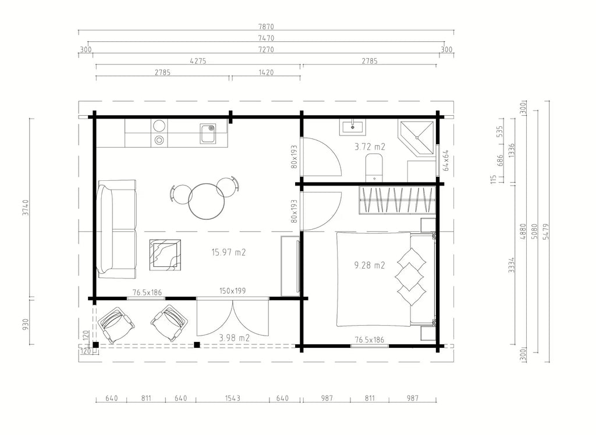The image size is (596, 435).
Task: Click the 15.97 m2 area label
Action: coord(228,252)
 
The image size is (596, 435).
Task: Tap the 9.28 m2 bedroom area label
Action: coord(370,265)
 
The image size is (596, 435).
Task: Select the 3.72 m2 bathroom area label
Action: coord(370,147)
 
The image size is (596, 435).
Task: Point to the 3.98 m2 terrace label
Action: coord(234,338)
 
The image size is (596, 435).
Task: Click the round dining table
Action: coord(207,201)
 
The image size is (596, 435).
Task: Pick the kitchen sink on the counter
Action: coord(208,134)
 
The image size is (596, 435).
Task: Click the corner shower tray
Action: coord(416,138)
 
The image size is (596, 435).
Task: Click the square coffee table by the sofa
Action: coord(165,255)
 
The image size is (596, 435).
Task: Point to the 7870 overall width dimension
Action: coord(266,27)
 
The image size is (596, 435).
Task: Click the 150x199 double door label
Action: coord(233,291)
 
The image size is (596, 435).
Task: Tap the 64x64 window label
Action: coord(446,161)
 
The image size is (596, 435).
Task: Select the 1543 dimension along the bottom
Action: coord(233,398)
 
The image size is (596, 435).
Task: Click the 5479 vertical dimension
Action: coord(546,231)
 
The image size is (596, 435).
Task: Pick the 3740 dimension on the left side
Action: coord(26,208)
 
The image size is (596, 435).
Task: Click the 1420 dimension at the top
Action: coord(266,72)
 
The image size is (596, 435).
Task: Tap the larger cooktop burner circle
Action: coord(159,126)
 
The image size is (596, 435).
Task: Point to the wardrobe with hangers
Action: coord(397,200)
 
